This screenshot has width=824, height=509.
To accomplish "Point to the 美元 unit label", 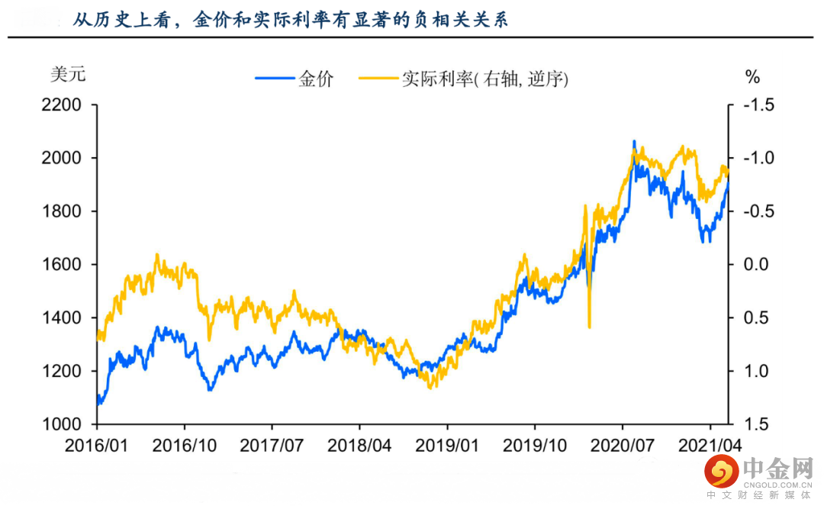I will tap(68, 76).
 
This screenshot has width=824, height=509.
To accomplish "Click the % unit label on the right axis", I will tap(752, 77).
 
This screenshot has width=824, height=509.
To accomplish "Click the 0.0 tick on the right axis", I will tap(755, 265).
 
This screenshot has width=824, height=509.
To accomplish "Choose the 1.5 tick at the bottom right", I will tap(755, 424).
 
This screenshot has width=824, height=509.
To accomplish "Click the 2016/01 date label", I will tap(98, 446).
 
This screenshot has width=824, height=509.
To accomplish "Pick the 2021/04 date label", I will tap(710, 446).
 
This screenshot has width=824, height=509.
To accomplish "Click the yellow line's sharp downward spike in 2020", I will tap(589, 324).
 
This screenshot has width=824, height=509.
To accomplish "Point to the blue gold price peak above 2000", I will tap(633, 143).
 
